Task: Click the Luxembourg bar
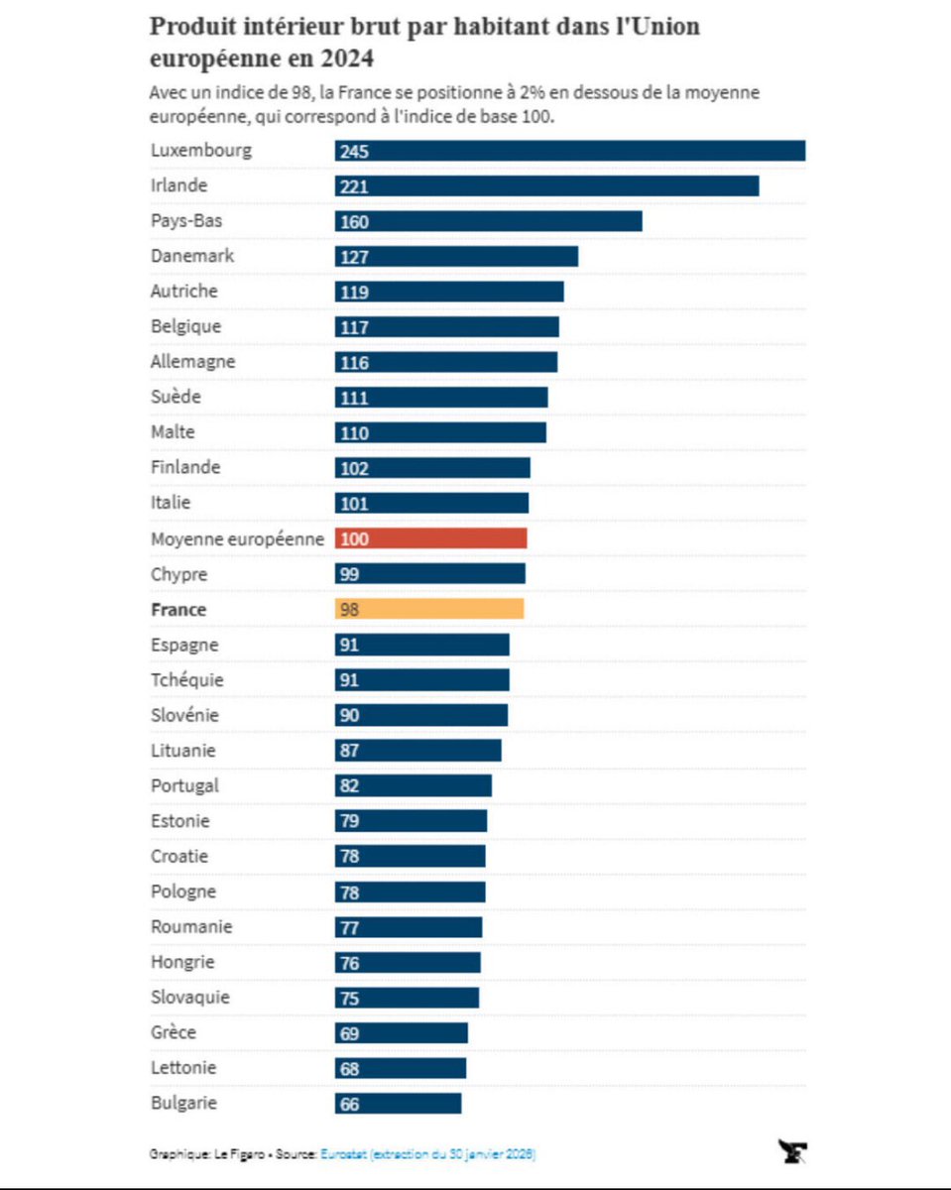(x=569, y=151)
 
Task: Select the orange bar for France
(x=428, y=609)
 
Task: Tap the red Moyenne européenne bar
(x=430, y=538)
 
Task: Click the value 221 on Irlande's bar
(x=354, y=186)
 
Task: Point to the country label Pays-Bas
(x=185, y=221)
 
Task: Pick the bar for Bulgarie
(x=398, y=1103)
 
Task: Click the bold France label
(x=178, y=609)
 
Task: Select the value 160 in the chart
(x=354, y=222)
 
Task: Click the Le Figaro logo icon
(x=792, y=1151)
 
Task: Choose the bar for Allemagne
(x=445, y=362)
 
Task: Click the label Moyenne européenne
(x=237, y=538)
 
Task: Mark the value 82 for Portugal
(x=349, y=786)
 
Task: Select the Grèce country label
(x=174, y=1032)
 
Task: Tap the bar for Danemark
(x=456, y=257)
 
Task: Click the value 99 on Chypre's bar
(x=349, y=574)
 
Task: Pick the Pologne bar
(x=410, y=892)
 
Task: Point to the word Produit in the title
(x=193, y=26)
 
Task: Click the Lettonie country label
(x=183, y=1067)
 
